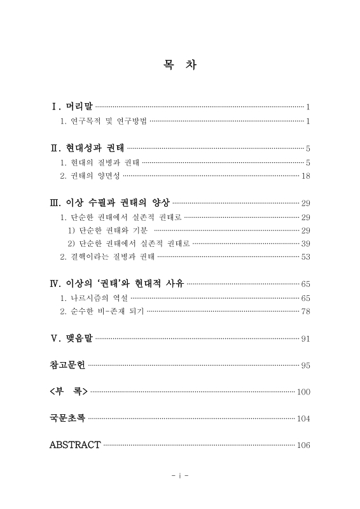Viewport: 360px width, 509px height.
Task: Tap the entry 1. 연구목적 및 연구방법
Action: tap(103, 121)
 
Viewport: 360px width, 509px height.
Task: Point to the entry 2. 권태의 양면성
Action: tap(89, 176)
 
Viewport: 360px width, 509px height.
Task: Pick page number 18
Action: tap(305, 176)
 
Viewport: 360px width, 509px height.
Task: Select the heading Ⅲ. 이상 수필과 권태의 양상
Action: tap(110, 203)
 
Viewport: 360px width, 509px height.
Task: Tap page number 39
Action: tap(305, 243)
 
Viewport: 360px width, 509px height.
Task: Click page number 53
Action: tap(305, 257)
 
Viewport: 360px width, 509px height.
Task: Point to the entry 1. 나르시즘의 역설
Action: tap(93, 298)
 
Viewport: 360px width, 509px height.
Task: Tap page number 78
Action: tap(305, 311)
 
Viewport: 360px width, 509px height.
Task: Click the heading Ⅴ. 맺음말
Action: tap(71, 338)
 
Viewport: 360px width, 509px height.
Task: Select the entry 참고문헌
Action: tap(67, 365)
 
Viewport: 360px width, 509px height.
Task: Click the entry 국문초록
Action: tap(67, 418)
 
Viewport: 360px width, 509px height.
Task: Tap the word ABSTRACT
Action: tap(74, 445)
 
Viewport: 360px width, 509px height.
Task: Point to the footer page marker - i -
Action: tap(180, 475)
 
